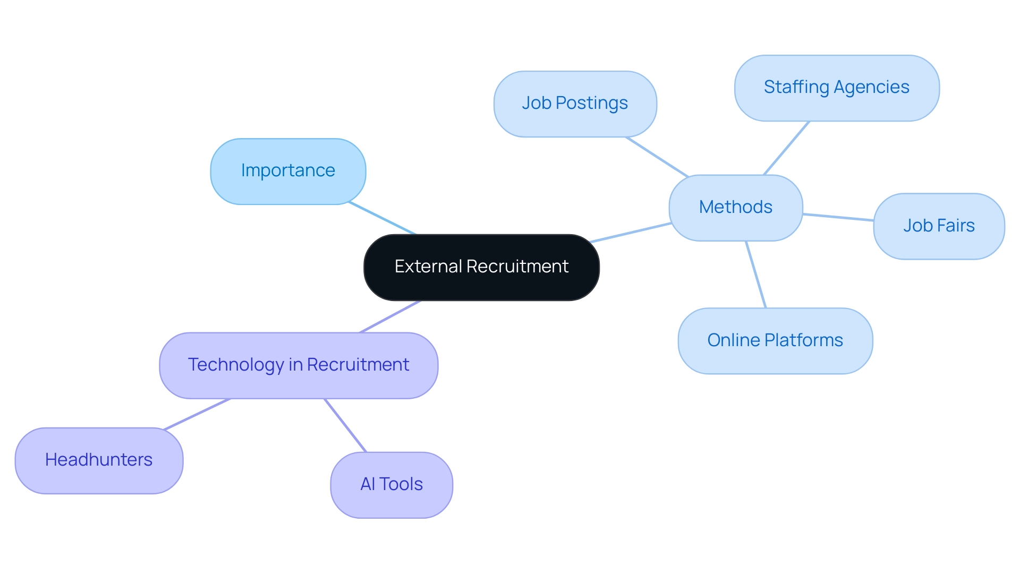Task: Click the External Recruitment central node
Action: point(481,267)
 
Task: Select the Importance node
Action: point(288,171)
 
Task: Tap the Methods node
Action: point(736,208)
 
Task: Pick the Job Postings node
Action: point(575,104)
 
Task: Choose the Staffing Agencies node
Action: point(837,88)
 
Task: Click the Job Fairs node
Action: point(939,226)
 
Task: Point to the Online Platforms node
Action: point(775,341)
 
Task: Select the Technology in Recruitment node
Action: point(299,365)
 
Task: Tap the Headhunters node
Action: point(99,460)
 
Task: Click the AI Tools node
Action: point(392,485)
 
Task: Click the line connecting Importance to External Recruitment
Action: point(381,218)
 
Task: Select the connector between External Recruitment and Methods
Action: point(631,233)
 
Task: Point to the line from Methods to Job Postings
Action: point(657,157)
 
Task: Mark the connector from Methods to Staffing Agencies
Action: point(787,148)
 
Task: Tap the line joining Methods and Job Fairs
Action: point(838,217)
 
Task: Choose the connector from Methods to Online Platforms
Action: point(756,274)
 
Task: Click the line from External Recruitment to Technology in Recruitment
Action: point(390,316)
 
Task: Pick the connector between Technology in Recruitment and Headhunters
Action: point(197,414)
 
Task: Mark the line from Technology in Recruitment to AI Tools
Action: point(345,425)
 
